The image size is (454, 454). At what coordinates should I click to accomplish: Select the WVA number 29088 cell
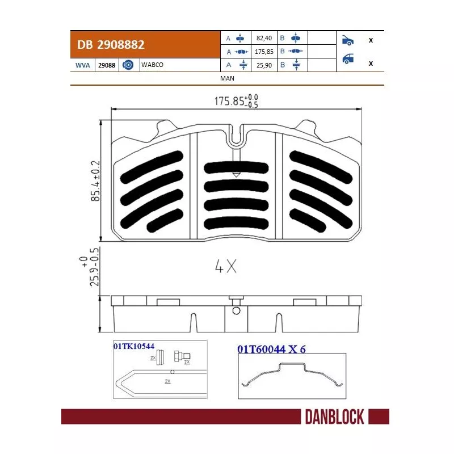[x=107, y=65]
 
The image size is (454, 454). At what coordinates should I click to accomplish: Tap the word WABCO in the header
[x=152, y=65]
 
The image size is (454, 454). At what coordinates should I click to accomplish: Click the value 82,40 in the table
[x=264, y=39]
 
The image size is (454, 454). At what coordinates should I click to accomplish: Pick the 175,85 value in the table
[x=264, y=52]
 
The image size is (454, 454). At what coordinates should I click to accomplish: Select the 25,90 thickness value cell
[x=264, y=65]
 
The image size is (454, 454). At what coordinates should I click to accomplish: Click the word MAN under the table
[x=226, y=78]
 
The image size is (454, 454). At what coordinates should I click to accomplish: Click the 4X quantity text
[x=226, y=267]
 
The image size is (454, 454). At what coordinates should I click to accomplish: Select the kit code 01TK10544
[x=134, y=345]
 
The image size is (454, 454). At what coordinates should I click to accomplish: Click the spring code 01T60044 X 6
[x=271, y=349]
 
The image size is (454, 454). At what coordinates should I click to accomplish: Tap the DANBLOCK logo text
[x=334, y=417]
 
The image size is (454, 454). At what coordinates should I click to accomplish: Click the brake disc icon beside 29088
[x=128, y=65]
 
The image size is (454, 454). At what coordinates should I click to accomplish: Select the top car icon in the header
[x=347, y=40]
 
